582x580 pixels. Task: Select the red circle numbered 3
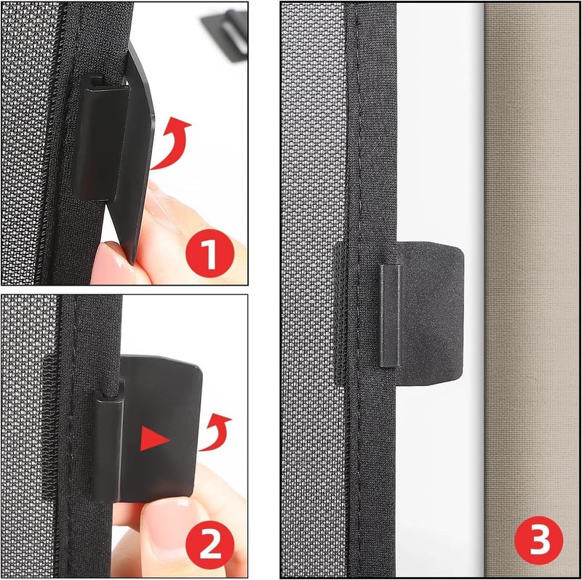point(538,540)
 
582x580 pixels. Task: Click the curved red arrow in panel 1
point(172,142)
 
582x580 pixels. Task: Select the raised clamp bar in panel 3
point(390,315)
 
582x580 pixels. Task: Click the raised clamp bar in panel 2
point(108,448)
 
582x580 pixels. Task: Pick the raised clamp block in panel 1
point(101,137)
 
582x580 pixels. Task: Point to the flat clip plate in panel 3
point(431,313)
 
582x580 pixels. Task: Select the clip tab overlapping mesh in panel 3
point(340,313)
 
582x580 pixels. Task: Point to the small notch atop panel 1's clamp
point(97,81)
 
